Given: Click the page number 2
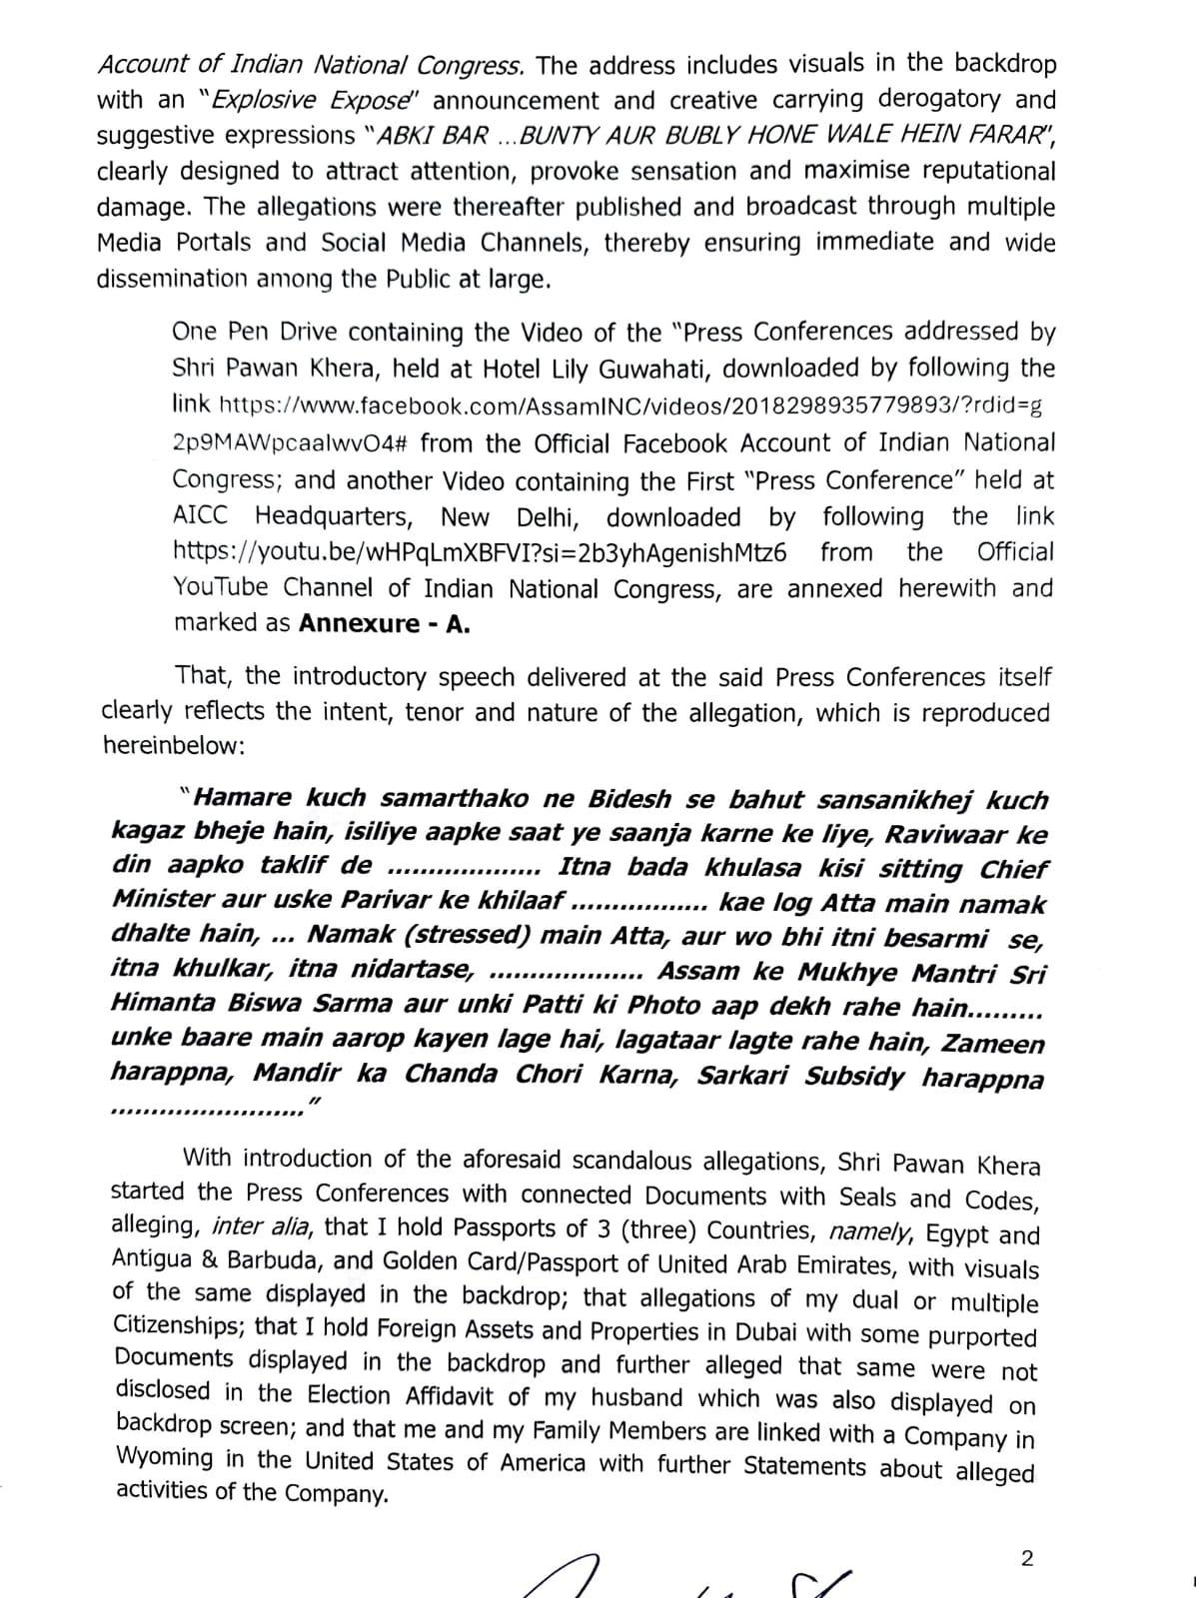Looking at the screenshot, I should click(1026, 1559).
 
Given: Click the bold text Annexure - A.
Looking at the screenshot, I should click(385, 624).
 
